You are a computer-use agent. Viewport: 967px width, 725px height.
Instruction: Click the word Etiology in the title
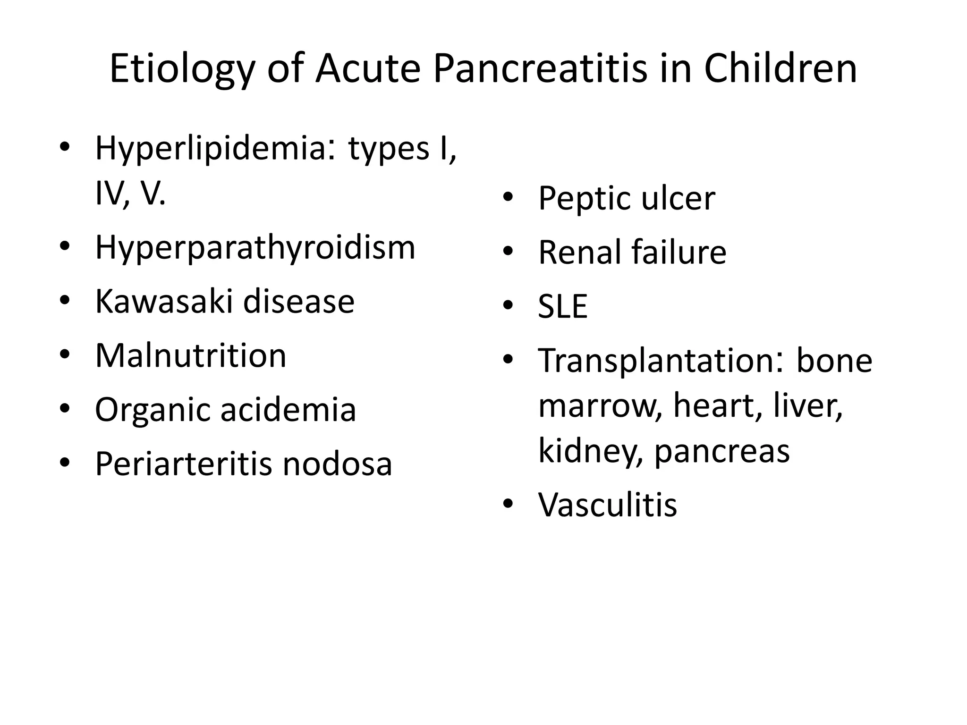click(x=182, y=70)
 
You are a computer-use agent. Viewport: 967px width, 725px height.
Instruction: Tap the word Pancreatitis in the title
click(x=539, y=69)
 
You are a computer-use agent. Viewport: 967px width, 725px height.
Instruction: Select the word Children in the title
click(x=780, y=69)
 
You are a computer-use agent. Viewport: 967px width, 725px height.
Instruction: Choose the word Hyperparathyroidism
click(x=255, y=248)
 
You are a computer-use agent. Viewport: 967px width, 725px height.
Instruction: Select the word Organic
click(x=152, y=410)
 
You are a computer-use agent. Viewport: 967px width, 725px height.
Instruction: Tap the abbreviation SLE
click(x=562, y=306)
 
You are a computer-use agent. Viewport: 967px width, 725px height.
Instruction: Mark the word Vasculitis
click(x=607, y=505)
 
